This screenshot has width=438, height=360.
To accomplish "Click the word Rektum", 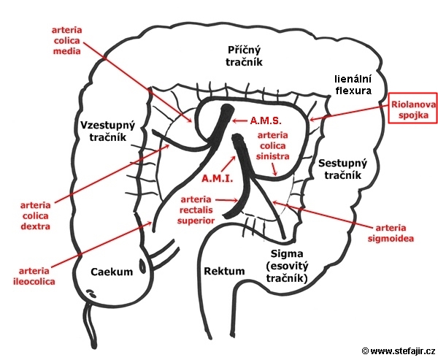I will [224, 271].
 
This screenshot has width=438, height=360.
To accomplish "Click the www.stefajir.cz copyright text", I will [399, 351].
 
